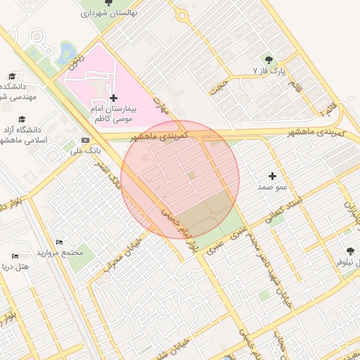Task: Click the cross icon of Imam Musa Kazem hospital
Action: pos(113,98)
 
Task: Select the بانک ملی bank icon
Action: pos(85,139)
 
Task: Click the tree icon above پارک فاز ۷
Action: pos(268,59)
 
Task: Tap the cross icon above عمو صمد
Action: pos(272,175)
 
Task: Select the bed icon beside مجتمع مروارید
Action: pos(58,242)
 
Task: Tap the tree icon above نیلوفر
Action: pos(350,250)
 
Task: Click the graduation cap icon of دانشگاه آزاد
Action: pos(22,119)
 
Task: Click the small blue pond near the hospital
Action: pos(68,51)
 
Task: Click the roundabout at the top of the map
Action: pos(183,15)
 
